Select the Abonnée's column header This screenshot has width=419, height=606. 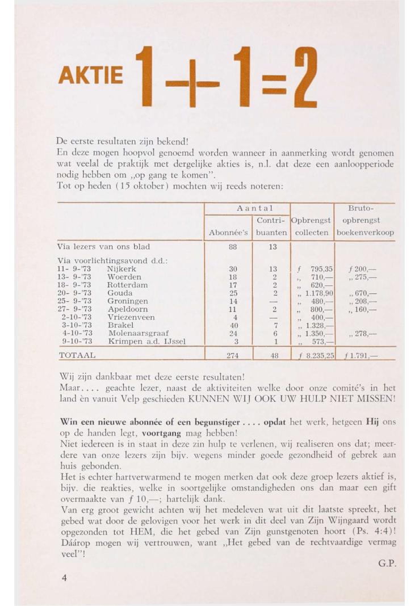click(x=228, y=233)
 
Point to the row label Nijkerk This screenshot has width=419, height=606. click(x=121, y=268)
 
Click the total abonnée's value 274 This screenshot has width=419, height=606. click(x=228, y=356)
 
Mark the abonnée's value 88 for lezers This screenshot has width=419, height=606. click(x=228, y=247)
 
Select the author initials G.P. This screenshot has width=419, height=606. click(x=386, y=564)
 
